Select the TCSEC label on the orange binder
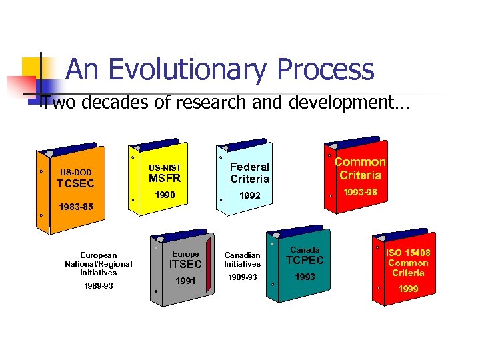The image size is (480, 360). (75, 183)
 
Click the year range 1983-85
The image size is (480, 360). (76, 207)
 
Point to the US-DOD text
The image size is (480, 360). (75, 172)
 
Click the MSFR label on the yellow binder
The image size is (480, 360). (165, 179)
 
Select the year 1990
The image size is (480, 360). (165, 196)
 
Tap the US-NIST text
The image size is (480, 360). (165, 167)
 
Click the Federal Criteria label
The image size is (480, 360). (249, 173)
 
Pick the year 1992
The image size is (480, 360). (249, 197)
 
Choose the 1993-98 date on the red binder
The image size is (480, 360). (360, 192)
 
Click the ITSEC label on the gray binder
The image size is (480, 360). (185, 265)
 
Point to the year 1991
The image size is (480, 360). (185, 281)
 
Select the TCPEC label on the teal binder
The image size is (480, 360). (305, 261)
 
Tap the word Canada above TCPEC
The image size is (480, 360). (305, 249)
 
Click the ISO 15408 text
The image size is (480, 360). (408, 253)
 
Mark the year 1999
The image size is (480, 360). (408, 289)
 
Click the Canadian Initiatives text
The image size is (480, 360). (242, 259)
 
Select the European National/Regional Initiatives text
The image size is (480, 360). (98, 263)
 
